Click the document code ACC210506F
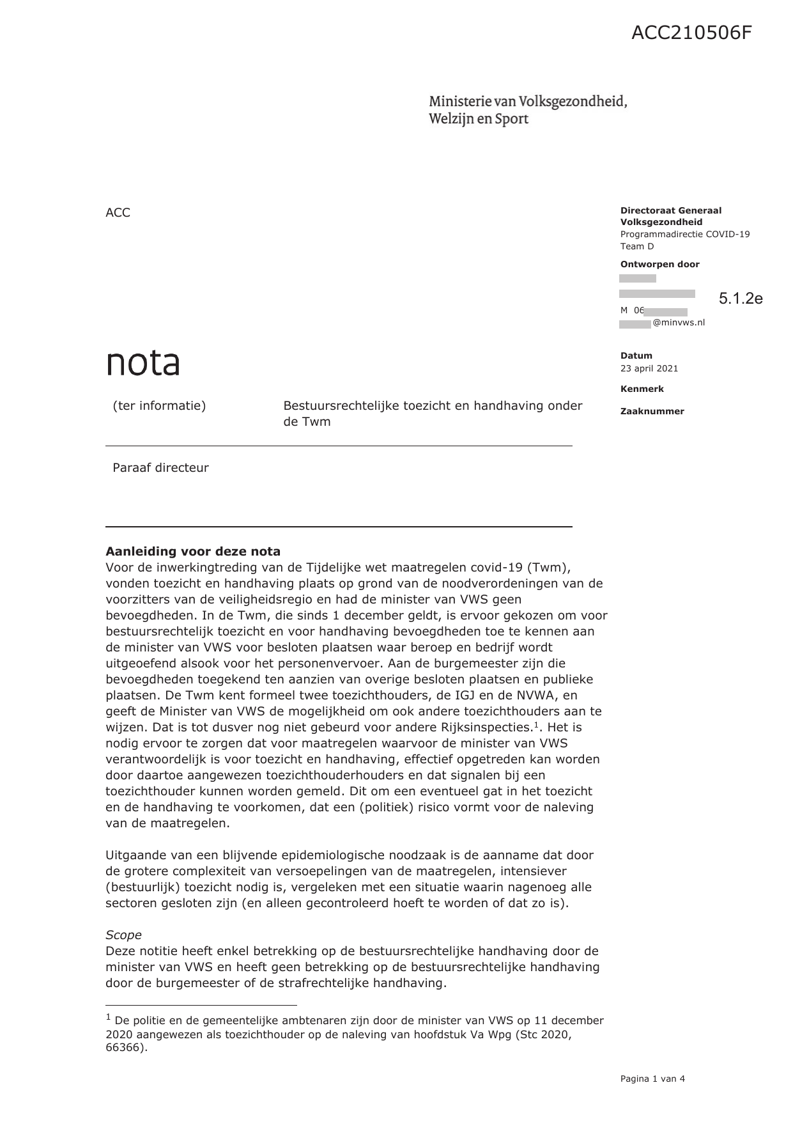691,33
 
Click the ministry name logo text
528,110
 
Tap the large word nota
143,362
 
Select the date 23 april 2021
649,368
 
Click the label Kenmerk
642,389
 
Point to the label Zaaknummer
652,411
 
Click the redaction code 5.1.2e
741,299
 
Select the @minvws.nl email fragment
679,323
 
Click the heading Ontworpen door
659,264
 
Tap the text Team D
637,246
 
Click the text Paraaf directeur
160,467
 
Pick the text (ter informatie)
159,405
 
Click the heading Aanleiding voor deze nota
193,551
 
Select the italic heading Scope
123,935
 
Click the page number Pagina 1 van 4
652,1079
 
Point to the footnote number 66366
125,1048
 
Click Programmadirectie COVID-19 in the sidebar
685,234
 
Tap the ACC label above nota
118,213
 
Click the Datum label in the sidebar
636,355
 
